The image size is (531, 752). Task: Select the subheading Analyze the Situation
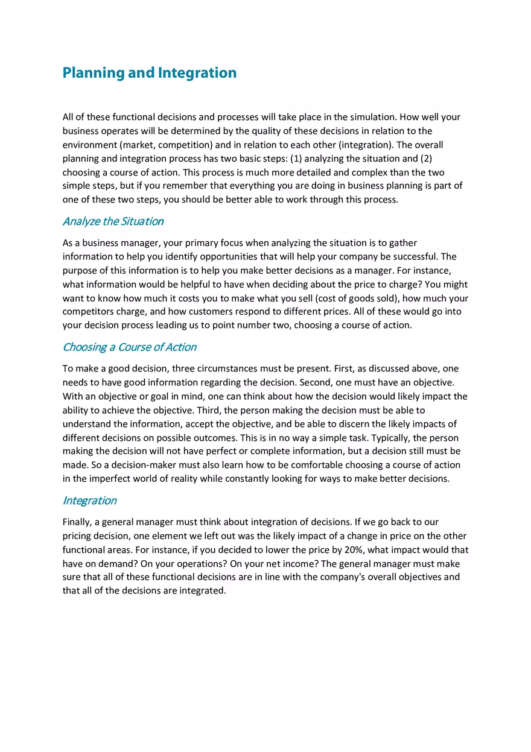113,221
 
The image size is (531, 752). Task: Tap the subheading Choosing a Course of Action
129,347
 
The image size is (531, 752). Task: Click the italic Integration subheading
89,501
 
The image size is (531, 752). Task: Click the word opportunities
233,256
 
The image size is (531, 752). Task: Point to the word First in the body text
343,368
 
